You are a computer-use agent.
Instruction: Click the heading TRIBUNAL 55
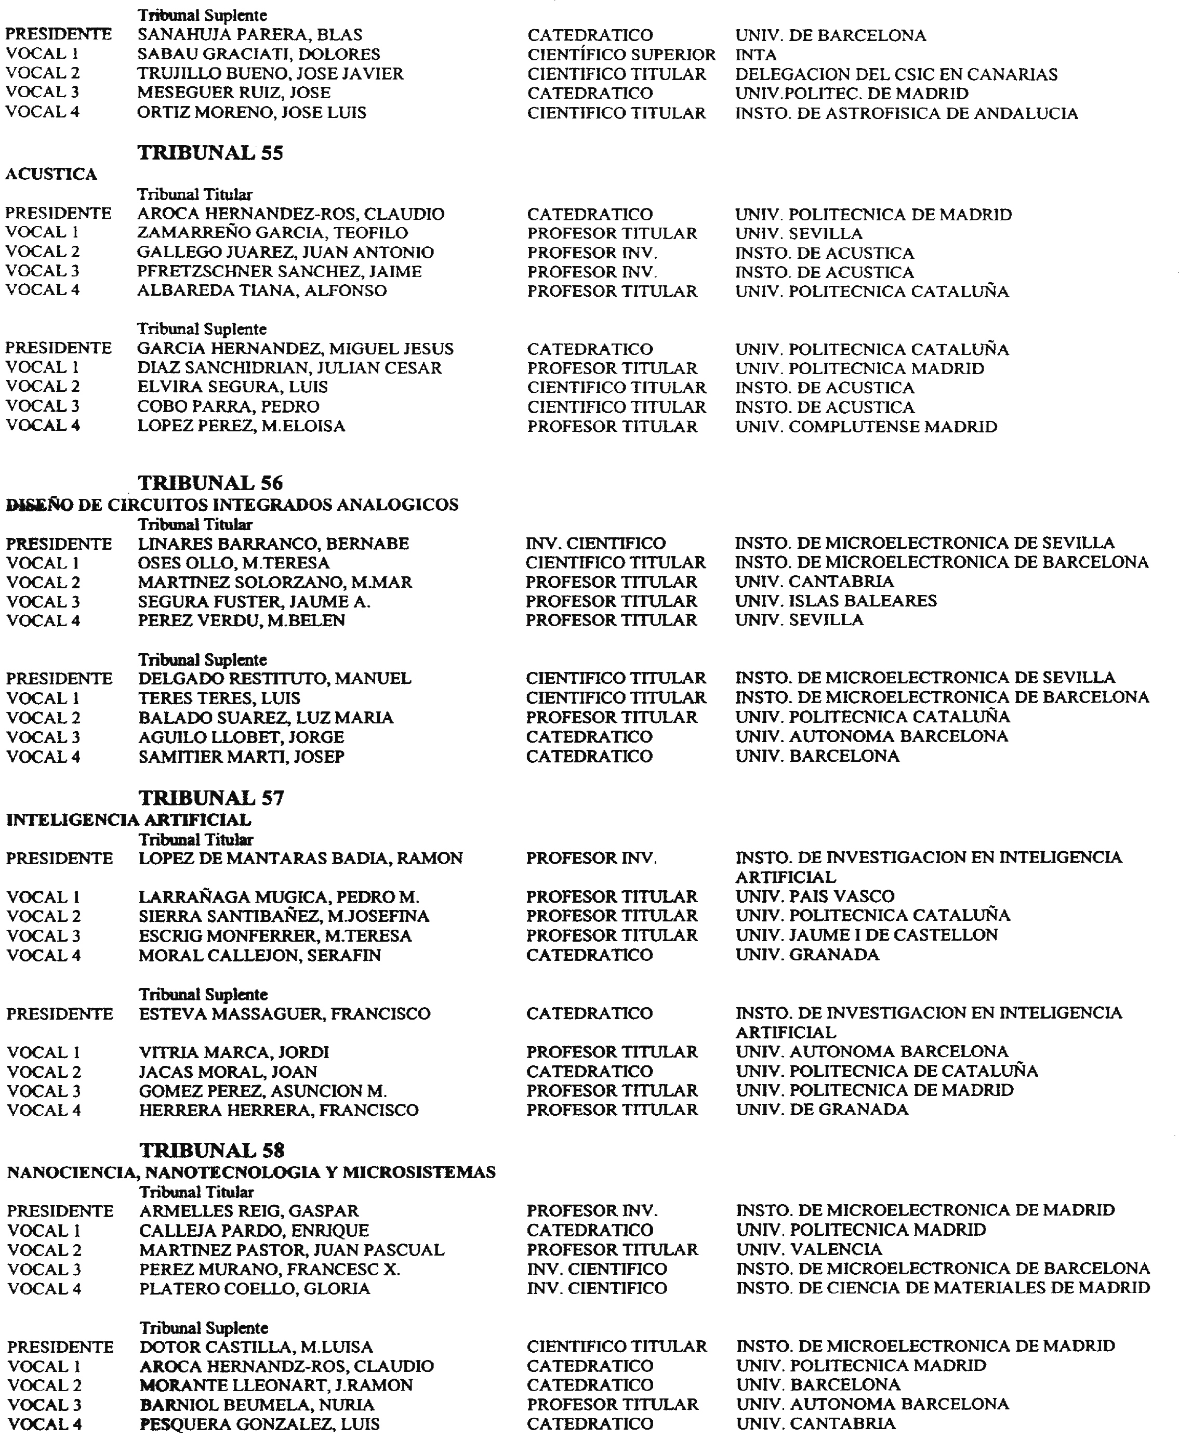pyautogui.click(x=210, y=153)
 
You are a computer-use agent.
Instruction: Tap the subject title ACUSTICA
pyautogui.click(x=51, y=175)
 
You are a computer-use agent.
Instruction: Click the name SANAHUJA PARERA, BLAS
pyautogui.click(x=250, y=35)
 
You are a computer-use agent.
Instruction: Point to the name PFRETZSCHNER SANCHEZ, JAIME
pyautogui.click(x=279, y=272)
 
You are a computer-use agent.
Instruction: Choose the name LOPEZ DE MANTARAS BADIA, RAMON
pyautogui.click(x=301, y=859)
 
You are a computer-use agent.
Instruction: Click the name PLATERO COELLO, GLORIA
pyautogui.click(x=255, y=1289)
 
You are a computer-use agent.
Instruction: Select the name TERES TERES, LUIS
pyautogui.click(x=219, y=698)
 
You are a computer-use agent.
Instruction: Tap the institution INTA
pyautogui.click(x=756, y=55)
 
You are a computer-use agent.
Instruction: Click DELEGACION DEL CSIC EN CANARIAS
pyautogui.click(x=896, y=74)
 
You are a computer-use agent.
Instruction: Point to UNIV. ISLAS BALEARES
pyautogui.click(x=836, y=601)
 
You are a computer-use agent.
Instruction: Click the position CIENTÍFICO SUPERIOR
pyautogui.click(x=621, y=55)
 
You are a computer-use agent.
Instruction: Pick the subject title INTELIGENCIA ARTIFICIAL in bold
pyautogui.click(x=128, y=820)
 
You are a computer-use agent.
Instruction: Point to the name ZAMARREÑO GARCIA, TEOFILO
pyautogui.click(x=272, y=233)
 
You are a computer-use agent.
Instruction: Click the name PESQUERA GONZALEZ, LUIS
pyautogui.click(x=259, y=1424)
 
